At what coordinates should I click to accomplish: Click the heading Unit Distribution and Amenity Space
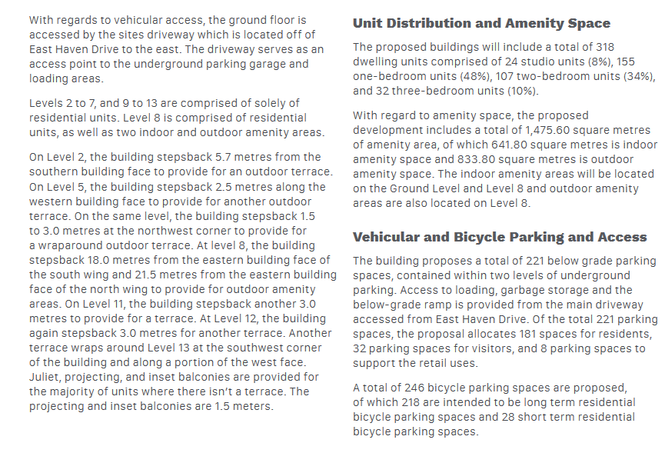point(481,24)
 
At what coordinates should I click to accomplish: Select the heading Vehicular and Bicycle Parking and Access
point(499,237)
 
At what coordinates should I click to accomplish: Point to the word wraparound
point(72,245)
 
